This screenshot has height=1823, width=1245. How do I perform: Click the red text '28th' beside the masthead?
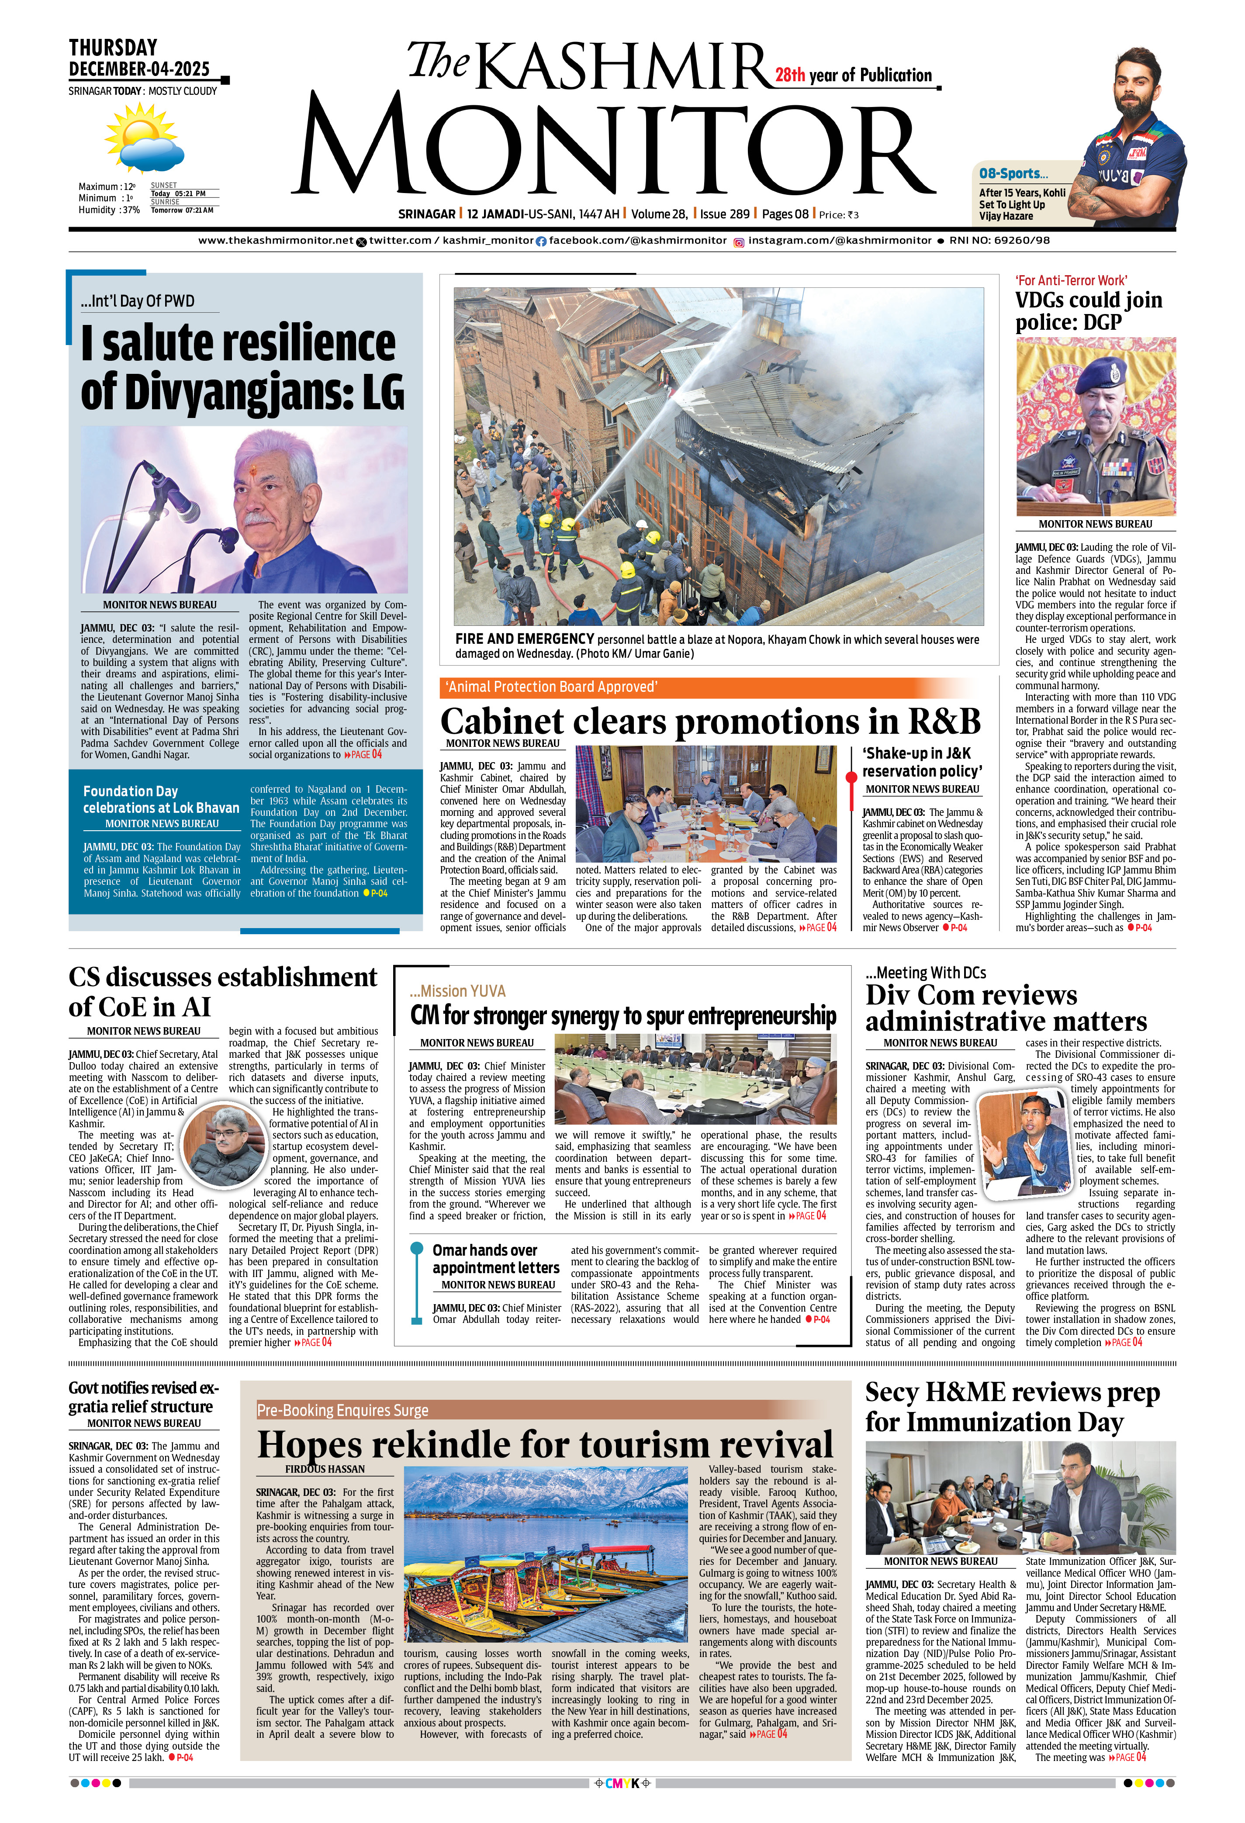point(790,75)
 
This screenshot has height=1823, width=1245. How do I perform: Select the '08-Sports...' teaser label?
point(1013,173)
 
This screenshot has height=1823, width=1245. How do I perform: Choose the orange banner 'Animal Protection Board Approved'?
point(551,687)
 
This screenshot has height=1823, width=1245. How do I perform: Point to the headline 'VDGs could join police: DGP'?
point(1088,311)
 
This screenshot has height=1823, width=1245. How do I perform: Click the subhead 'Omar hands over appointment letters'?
point(496,1258)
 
